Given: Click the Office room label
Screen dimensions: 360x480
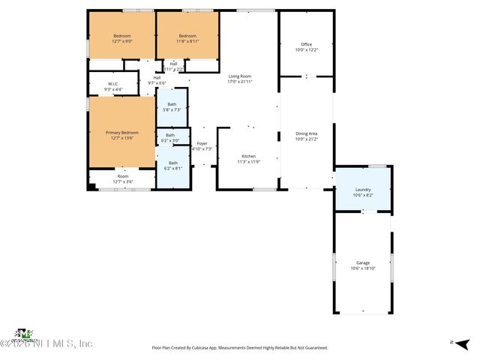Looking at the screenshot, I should pyautogui.click(x=306, y=44).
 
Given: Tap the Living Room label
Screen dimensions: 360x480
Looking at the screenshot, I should pyautogui.click(x=240, y=76).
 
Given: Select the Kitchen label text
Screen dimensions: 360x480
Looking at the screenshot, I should pyautogui.click(x=247, y=156).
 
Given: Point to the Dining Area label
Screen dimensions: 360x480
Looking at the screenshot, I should pyautogui.click(x=307, y=133).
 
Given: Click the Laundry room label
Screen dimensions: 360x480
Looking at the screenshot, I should pyautogui.click(x=362, y=189).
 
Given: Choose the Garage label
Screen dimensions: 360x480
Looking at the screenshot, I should pyautogui.click(x=363, y=262).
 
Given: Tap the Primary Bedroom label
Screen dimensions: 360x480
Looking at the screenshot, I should pyautogui.click(x=121, y=133).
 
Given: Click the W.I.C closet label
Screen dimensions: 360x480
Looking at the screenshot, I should pyautogui.click(x=112, y=84).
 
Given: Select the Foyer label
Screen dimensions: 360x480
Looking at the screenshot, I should pyautogui.click(x=202, y=143).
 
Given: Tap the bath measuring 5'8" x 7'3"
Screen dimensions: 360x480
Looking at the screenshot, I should pyautogui.click(x=172, y=106).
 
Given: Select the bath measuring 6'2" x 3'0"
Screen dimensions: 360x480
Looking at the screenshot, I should pyautogui.click(x=170, y=138).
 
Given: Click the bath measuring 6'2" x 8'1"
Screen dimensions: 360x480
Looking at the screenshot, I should pyautogui.click(x=173, y=165).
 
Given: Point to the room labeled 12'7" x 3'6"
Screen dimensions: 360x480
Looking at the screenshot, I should pyautogui.click(x=122, y=179).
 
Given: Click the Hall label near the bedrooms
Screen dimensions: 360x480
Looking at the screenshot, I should pyautogui.click(x=157, y=77).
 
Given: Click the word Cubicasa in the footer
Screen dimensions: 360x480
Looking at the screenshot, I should pyautogui.click(x=202, y=348).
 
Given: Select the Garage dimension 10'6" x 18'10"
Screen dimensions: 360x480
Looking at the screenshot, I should pyautogui.click(x=363, y=268).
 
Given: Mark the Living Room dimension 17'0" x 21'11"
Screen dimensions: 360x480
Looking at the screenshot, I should pyautogui.click(x=240, y=82).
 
